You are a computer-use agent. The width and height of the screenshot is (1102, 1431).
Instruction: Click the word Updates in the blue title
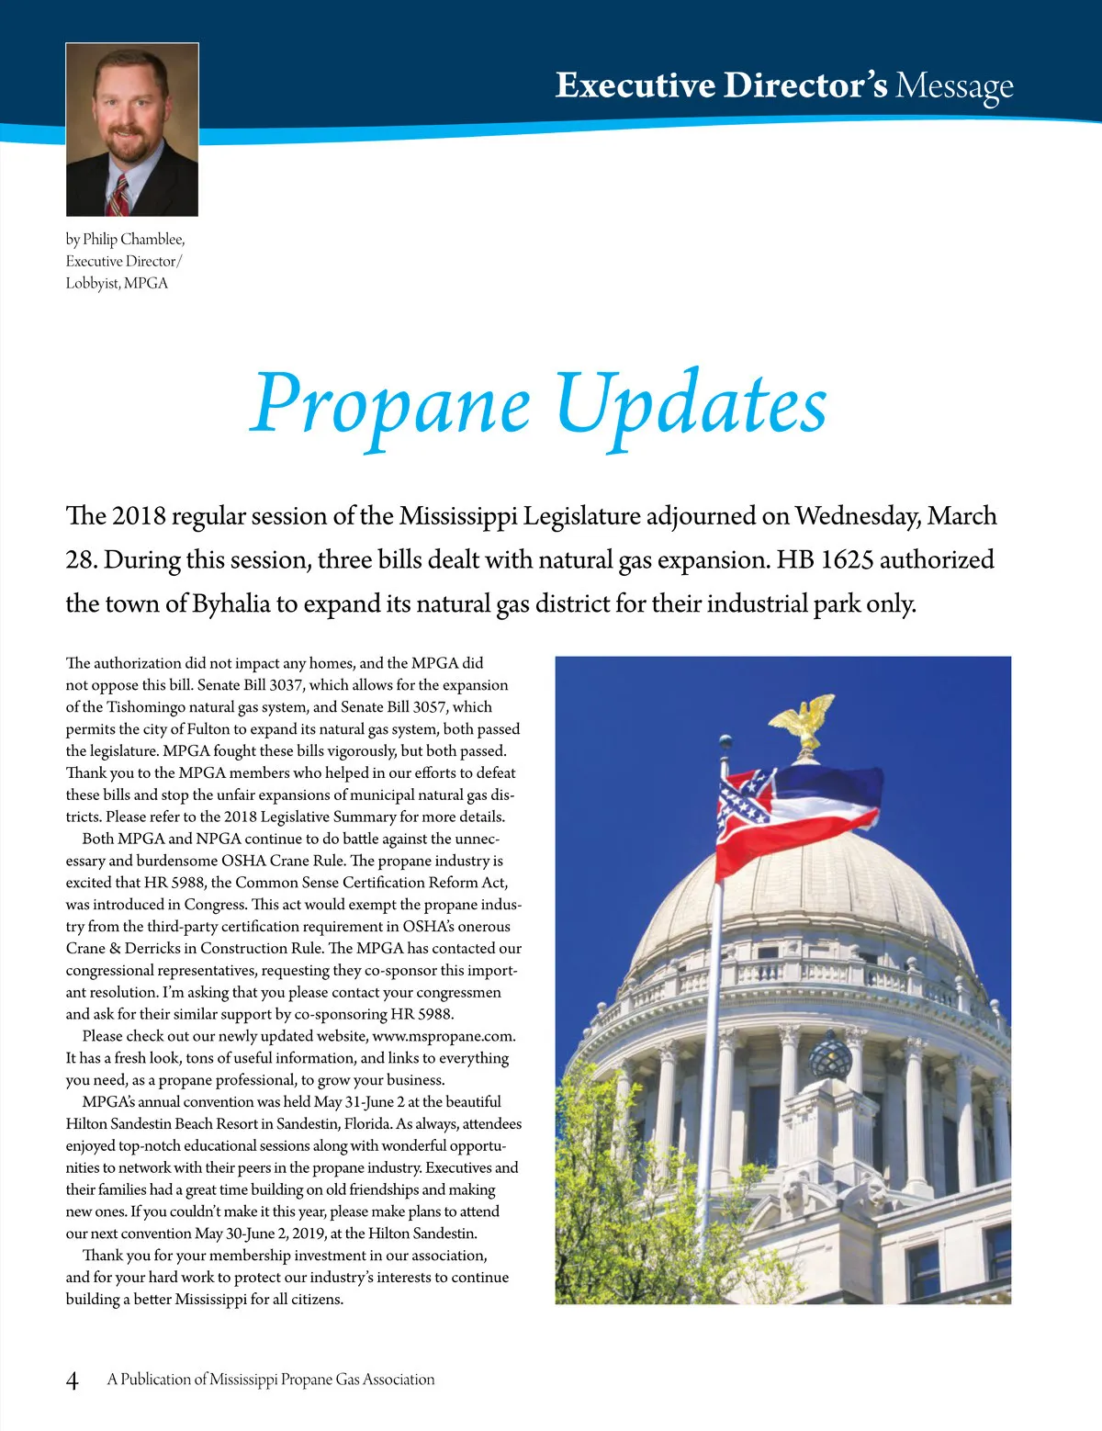pos(691,405)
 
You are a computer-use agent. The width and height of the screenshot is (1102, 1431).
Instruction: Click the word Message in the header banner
pos(954,85)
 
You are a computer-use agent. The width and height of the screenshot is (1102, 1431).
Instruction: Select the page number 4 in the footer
pos(73,1380)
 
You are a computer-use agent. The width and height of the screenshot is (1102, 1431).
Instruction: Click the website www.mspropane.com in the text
pos(444,1036)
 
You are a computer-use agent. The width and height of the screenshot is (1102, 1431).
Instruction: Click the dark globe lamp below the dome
pos(829,1056)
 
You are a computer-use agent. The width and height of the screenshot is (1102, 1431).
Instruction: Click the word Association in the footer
pos(399,1380)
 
